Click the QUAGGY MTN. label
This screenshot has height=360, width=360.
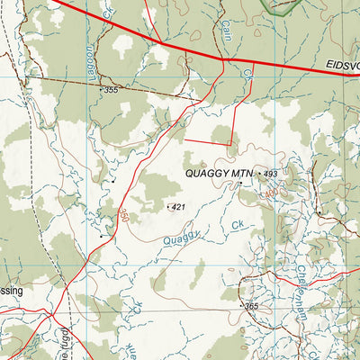pos(220,172)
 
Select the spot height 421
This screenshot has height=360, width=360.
pos(178,208)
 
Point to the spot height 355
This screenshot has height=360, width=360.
pos(111,90)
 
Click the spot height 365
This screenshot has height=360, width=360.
pos(251,307)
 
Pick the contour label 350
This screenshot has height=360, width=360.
pos(123,216)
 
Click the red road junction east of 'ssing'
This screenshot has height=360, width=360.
pos(51,315)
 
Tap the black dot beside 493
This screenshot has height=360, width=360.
pos(259,172)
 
